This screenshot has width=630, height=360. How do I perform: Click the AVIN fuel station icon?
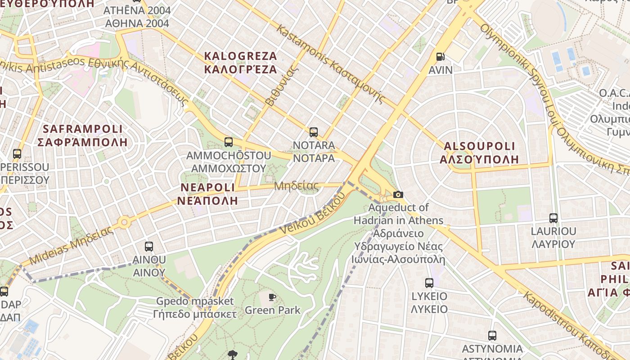coord(440,57)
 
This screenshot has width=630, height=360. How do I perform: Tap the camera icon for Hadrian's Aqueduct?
coord(398,194)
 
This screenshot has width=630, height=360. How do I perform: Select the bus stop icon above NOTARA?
coord(314,132)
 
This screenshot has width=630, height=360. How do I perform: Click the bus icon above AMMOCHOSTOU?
coord(229,142)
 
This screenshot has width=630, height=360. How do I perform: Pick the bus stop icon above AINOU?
coord(149,247)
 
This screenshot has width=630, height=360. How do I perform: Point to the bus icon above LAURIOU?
coord(553,218)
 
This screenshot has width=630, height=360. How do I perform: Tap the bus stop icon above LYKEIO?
coord(429,283)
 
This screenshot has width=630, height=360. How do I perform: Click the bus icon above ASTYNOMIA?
coord(492,336)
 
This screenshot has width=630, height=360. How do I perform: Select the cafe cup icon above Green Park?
coord(272,297)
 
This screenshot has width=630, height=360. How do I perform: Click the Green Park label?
coord(272,310)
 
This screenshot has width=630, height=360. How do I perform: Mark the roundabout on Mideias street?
coord(124,222)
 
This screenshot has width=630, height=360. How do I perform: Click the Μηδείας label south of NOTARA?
coord(296,186)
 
